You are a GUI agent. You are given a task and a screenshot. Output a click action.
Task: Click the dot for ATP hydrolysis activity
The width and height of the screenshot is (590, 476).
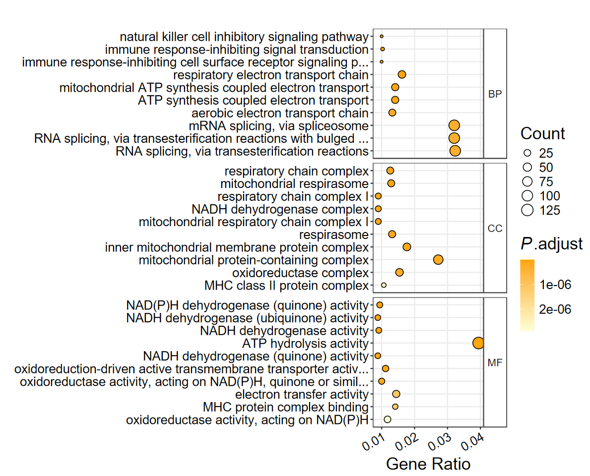coord(478,343)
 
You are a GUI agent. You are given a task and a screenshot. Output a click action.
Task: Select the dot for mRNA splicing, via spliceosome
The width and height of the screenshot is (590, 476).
coord(454,126)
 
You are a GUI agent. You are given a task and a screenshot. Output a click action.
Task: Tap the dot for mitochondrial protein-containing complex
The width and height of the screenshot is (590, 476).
coord(438,259)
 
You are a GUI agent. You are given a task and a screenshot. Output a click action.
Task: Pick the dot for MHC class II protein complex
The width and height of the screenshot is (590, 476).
coord(384,285)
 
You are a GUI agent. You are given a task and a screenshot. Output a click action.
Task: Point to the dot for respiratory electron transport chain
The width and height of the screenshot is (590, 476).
coord(402,74)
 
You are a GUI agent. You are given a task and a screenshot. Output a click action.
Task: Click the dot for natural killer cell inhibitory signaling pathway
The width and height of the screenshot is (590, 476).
coord(382,36)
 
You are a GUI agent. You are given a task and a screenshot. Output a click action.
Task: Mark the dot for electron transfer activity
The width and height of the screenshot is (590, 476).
coord(396,394)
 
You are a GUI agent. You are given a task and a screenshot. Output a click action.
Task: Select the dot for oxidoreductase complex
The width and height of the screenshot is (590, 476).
coord(399,272)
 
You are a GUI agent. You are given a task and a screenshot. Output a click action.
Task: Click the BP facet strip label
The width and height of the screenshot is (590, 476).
coord(495,94)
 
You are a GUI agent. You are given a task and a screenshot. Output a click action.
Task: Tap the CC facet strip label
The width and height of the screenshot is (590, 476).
coord(495,229)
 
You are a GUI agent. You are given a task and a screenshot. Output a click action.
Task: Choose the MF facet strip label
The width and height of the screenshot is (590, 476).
coord(495,363)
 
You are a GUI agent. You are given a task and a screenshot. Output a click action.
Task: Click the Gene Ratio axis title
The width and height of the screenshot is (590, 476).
coord(428,464)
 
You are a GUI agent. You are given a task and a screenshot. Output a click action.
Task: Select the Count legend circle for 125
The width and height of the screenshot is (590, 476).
coord(527,210)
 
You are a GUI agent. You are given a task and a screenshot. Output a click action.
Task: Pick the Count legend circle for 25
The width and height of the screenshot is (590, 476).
coord(527,153)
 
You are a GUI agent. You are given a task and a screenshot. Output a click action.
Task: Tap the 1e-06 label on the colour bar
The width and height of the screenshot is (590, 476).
coord(555,285)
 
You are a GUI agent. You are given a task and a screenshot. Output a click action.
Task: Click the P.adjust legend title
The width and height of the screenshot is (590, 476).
coord(551,244)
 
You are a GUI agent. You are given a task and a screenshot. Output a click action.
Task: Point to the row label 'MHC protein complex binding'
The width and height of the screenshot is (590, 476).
coord(285,407)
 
